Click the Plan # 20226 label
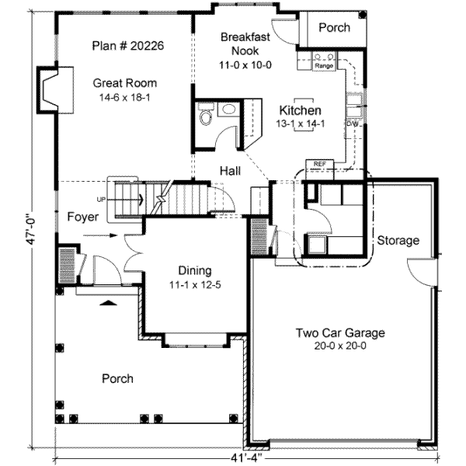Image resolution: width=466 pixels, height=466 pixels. pyautogui.click(x=128, y=46)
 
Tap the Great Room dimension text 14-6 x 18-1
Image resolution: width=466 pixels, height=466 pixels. pyautogui.click(x=125, y=97)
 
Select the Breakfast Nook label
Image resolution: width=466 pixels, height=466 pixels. pyautogui.click(x=245, y=43)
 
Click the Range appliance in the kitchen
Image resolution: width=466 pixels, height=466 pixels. pyautogui.click(x=324, y=61)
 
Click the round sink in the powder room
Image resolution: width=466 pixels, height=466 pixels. pyautogui.click(x=228, y=110)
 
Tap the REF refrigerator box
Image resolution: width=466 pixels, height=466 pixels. pyautogui.click(x=320, y=169)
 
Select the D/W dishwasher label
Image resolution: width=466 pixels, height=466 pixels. pyautogui.click(x=353, y=123)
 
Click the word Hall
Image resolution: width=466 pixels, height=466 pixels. pyautogui.click(x=231, y=171)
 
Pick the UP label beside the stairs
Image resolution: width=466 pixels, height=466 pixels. pyautogui.click(x=101, y=200)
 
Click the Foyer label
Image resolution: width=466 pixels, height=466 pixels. pyautogui.click(x=83, y=217)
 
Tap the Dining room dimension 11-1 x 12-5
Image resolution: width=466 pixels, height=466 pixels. pyautogui.click(x=195, y=285)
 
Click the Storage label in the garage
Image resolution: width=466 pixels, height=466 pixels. pyautogui.click(x=398, y=240)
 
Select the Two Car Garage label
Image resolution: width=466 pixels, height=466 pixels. pyautogui.click(x=340, y=333)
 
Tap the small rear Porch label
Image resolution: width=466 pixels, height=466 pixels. pyautogui.click(x=334, y=28)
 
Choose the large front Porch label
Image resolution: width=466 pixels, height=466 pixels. pyautogui.click(x=117, y=379)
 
